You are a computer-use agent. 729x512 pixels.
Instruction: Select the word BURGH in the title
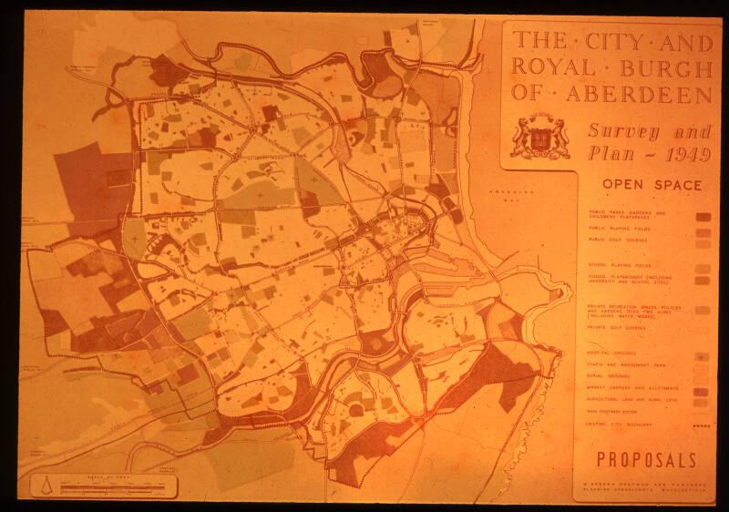tap(666, 67)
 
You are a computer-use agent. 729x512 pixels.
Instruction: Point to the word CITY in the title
tap(621, 40)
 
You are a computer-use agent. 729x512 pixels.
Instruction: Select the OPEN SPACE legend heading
tap(652, 185)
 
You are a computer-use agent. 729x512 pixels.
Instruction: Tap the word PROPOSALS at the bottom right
tap(647, 460)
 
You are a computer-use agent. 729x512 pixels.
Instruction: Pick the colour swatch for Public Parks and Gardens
tap(703, 217)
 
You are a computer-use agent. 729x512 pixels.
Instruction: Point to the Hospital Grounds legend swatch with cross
tap(703, 355)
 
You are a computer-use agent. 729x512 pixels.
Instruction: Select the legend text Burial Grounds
tap(611, 375)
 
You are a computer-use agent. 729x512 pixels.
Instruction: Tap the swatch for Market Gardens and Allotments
tap(703, 390)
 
